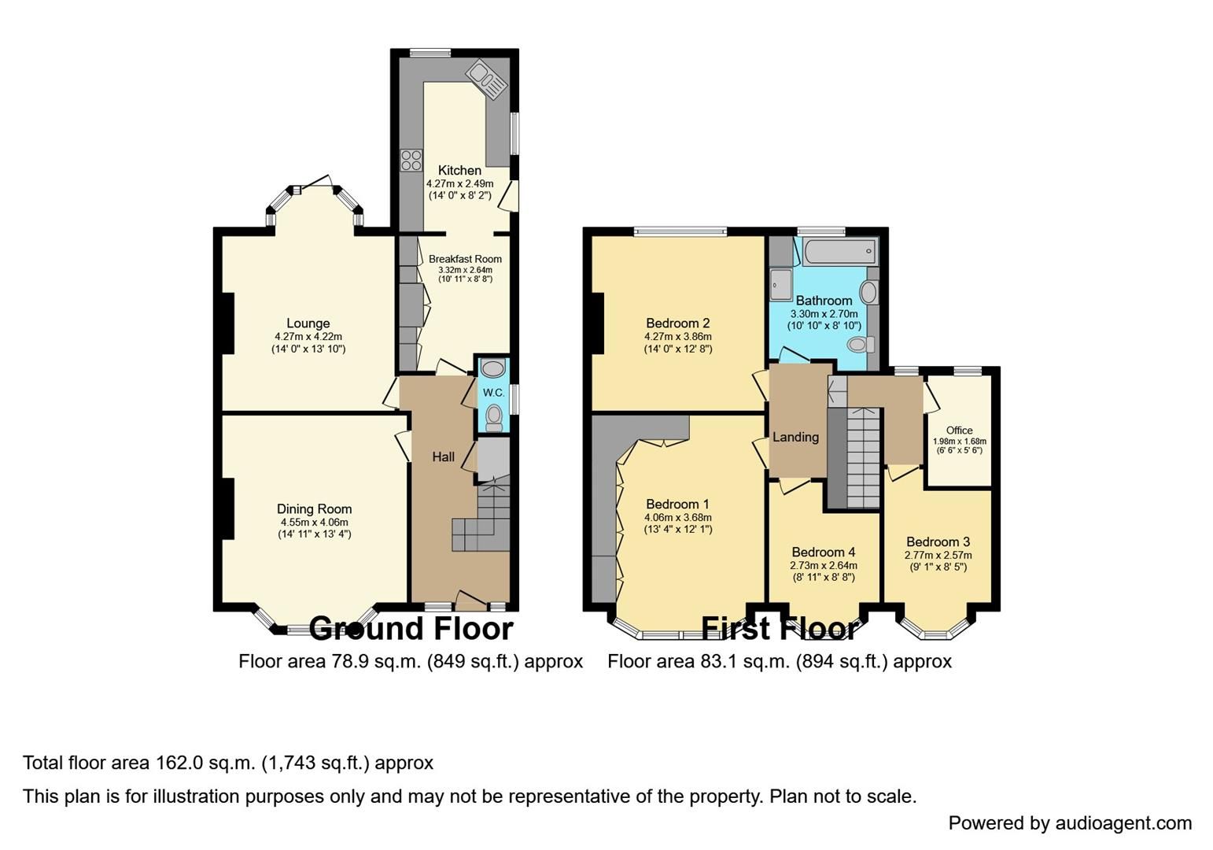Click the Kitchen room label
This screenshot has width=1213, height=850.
pyautogui.click(x=459, y=170)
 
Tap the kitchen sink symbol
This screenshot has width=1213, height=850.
pyautogui.click(x=487, y=81)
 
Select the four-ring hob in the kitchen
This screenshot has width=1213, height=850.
pyautogui.click(x=410, y=161)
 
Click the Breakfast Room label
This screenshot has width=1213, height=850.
pyautogui.click(x=465, y=259)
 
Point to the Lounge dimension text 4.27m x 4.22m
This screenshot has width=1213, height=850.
pyautogui.click(x=308, y=336)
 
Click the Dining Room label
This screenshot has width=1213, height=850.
pyautogui.click(x=314, y=509)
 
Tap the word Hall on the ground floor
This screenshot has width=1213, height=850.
pyautogui.click(x=443, y=456)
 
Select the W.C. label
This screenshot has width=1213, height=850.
pyautogui.click(x=493, y=393)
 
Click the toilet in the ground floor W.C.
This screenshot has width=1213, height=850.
pyautogui.click(x=494, y=416)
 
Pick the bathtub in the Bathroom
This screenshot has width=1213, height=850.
pyautogui.click(x=839, y=252)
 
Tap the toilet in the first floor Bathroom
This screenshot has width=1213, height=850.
pyautogui.click(x=861, y=345)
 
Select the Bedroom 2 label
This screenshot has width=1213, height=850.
pyautogui.click(x=677, y=323)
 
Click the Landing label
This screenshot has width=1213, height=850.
pyautogui.click(x=795, y=437)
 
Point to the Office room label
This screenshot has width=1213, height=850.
pyautogui.click(x=959, y=431)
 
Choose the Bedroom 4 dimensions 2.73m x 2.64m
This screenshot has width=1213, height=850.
pyautogui.click(x=823, y=565)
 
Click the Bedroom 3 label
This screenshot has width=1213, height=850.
pyautogui.click(x=938, y=541)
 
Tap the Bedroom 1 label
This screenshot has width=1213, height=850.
pyautogui.click(x=677, y=504)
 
